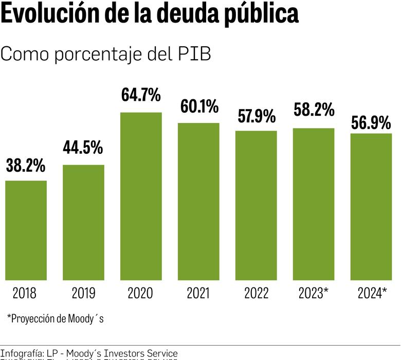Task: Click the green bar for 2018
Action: pos(26,230)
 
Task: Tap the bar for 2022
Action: pos(256,206)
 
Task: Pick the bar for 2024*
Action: pos(371,207)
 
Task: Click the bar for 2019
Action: pos(83,222)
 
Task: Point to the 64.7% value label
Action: pos(141,96)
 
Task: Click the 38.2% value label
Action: pos(26,166)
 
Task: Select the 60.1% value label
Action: pos(199,106)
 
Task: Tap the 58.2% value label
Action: pos(314,110)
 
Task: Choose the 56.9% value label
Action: pos(371,123)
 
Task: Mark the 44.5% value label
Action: pos(83,148)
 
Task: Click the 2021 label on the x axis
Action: pos(198,293)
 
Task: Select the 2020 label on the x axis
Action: pos(141,293)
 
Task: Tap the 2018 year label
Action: pos(25,293)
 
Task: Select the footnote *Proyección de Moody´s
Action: pos(56,318)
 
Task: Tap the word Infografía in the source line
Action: pos(22,353)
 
